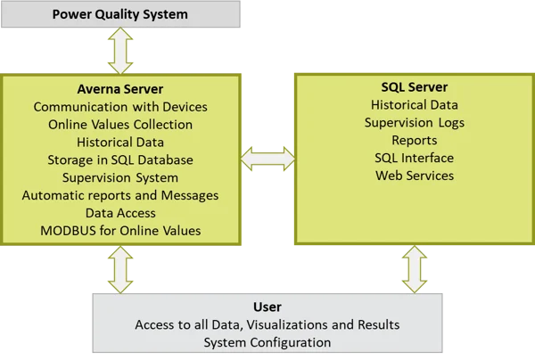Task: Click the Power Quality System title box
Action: (120, 14)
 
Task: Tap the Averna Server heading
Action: (120, 89)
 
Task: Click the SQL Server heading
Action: (414, 86)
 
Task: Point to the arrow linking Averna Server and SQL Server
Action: (267, 159)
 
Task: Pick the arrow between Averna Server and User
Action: (120, 268)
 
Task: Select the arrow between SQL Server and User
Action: (414, 268)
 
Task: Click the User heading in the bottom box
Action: (267, 307)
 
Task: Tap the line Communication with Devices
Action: (120, 107)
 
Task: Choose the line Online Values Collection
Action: (120, 125)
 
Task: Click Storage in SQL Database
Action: (120, 160)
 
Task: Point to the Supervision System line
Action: (120, 177)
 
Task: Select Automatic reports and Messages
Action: (120, 195)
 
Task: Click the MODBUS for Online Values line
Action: (120, 231)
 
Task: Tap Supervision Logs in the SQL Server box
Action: (414, 122)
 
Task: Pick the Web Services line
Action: (414, 176)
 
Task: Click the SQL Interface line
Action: (414, 158)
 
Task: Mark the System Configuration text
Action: (267, 342)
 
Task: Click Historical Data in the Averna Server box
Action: (120, 142)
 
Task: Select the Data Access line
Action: (120, 213)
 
